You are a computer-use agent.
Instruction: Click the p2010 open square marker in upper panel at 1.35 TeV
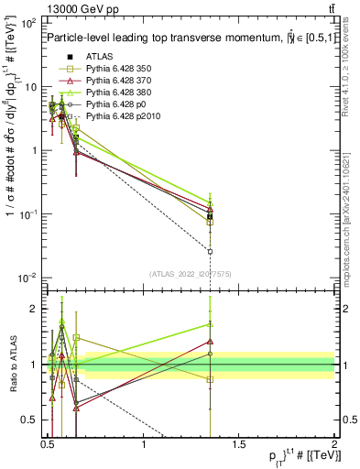(x=210, y=251)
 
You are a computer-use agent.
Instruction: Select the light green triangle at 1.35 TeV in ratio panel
(x=210, y=324)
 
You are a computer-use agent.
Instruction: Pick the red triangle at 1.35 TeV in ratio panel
(x=210, y=342)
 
